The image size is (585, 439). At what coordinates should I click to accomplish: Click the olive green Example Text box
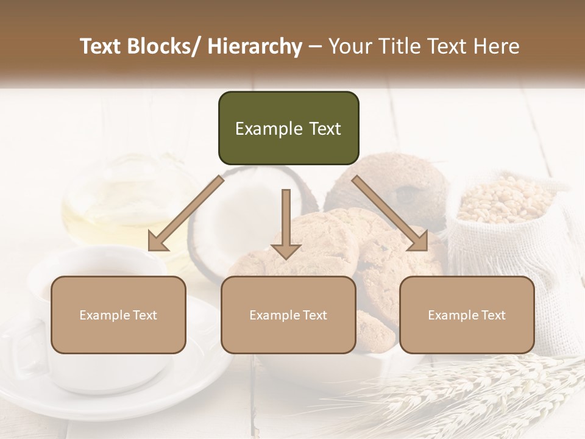coord(288,128)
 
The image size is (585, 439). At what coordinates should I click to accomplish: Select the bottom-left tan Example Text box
coord(118,315)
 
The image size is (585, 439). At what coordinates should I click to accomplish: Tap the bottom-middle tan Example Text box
coord(288,315)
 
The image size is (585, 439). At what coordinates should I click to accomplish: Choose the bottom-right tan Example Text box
coord(467,315)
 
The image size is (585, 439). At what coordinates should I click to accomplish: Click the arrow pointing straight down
coord(286,226)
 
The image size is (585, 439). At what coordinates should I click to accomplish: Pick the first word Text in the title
coord(101,46)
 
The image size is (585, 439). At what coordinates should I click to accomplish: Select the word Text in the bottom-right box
coord(492,315)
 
